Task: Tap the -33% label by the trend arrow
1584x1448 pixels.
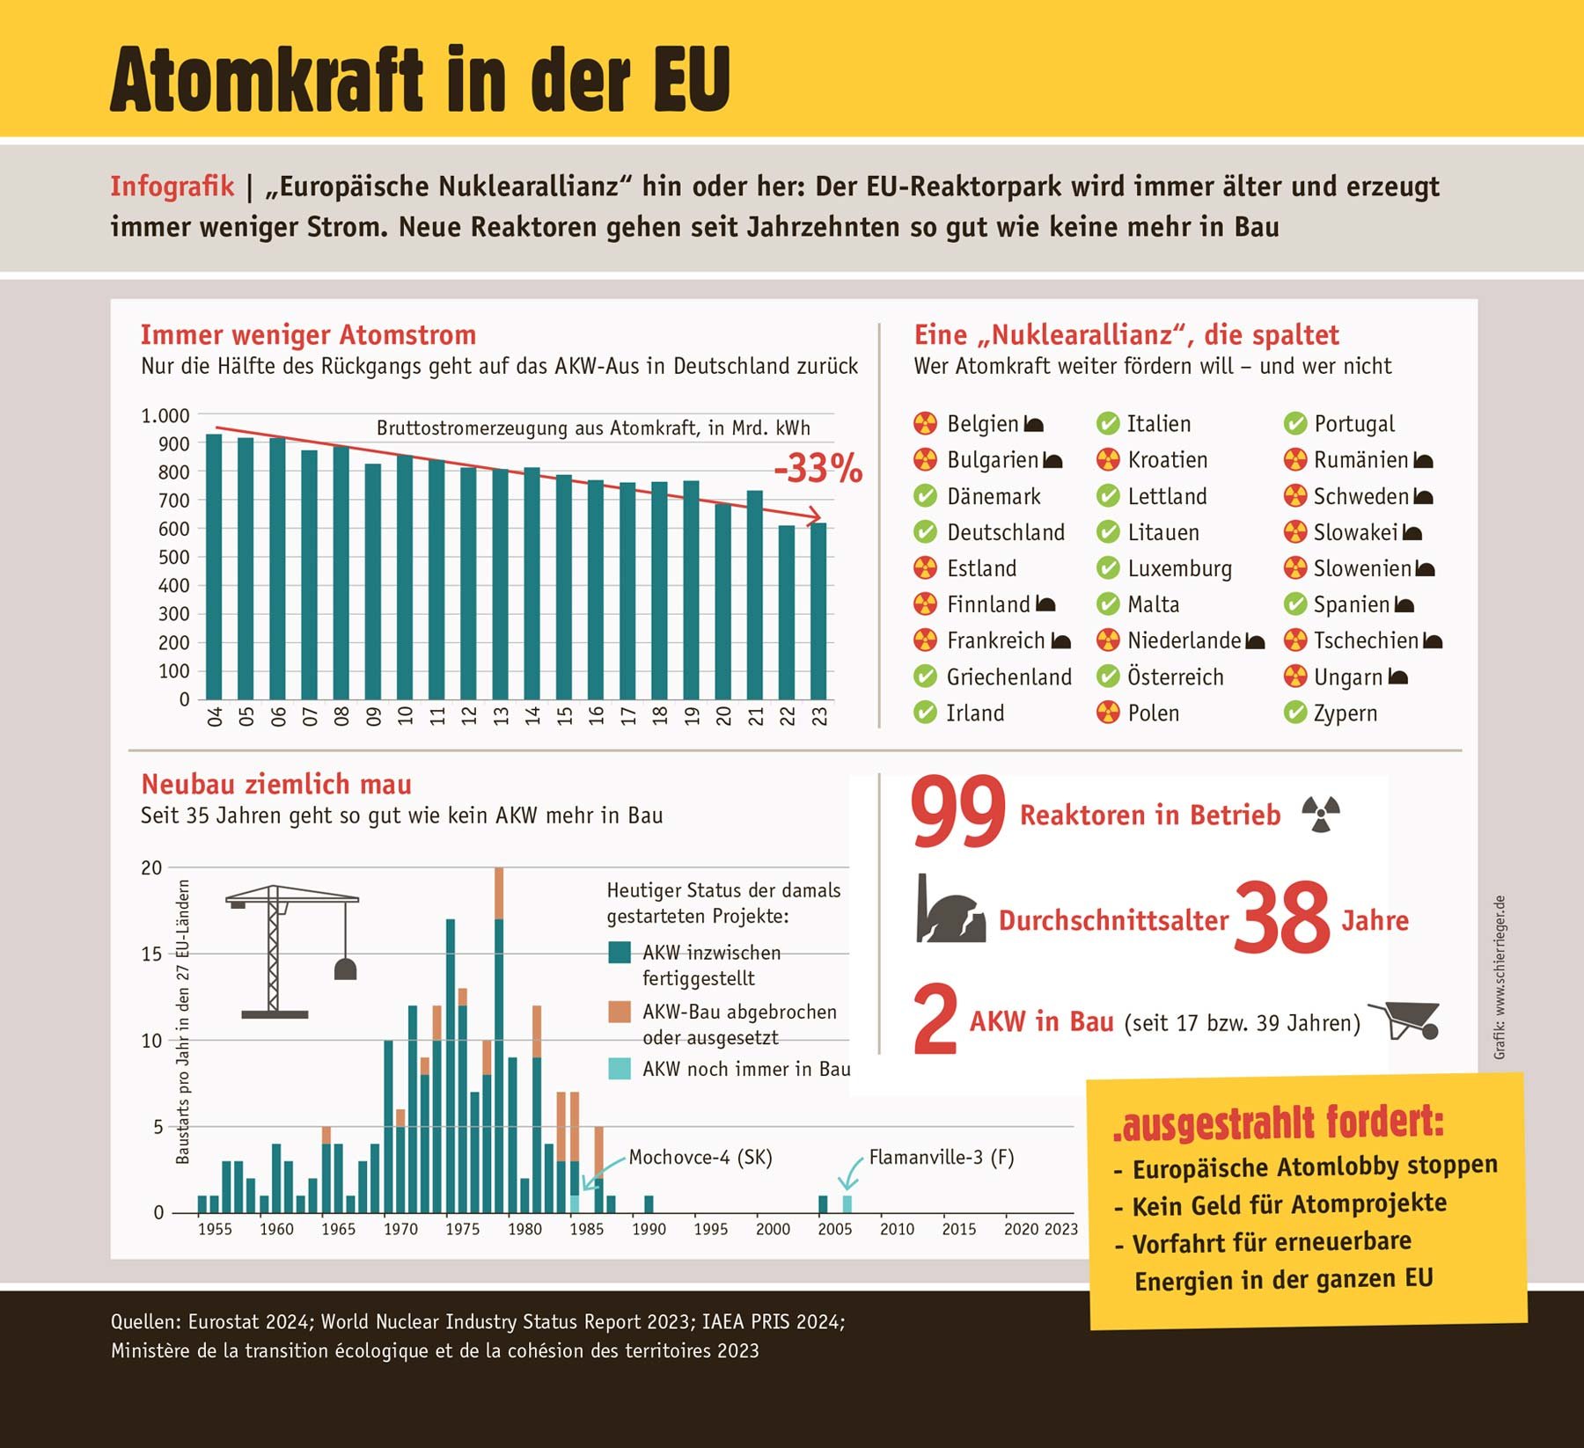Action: (x=818, y=469)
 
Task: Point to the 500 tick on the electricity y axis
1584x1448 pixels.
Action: (x=173, y=557)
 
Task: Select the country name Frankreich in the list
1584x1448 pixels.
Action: (x=995, y=640)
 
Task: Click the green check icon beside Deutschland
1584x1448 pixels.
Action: (x=925, y=532)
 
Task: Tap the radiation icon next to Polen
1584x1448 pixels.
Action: (x=1108, y=713)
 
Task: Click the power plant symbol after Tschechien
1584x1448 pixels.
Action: (x=1433, y=641)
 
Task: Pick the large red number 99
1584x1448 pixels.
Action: (x=958, y=811)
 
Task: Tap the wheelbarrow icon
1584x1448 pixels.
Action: (x=1405, y=1020)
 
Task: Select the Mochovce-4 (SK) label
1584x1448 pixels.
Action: (x=700, y=1157)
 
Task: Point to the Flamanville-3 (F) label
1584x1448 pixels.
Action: (x=941, y=1157)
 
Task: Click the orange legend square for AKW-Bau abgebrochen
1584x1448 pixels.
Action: (x=620, y=1012)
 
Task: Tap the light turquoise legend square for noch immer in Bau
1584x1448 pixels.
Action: (x=620, y=1069)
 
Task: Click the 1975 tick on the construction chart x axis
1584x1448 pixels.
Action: (x=462, y=1229)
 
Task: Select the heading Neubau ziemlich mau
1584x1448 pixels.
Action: (x=276, y=784)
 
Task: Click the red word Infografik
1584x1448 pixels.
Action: (x=172, y=186)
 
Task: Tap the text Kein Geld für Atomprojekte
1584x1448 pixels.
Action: (x=1288, y=1205)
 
